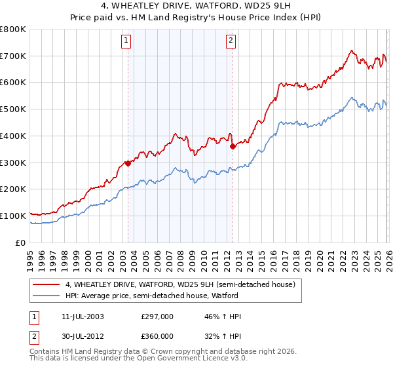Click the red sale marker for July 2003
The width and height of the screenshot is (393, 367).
(128, 164)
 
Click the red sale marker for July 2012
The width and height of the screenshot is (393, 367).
(233, 147)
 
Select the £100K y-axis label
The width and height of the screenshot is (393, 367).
(13, 216)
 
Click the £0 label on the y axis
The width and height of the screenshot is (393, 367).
(21, 242)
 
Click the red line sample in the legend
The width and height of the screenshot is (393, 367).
(47, 284)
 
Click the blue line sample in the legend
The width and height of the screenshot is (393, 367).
(47, 296)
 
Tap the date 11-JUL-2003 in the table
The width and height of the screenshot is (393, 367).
(81, 317)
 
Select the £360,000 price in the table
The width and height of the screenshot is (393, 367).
(157, 336)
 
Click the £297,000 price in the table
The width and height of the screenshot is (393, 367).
(157, 317)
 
